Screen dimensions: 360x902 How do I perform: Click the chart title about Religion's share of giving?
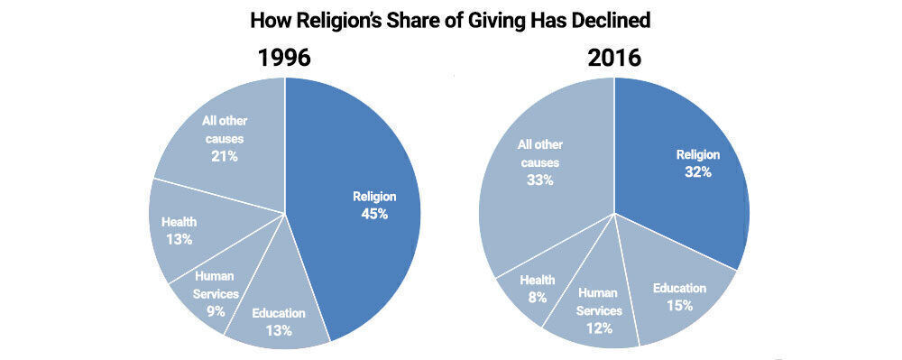(450, 19)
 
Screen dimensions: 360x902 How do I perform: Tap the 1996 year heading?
(284, 58)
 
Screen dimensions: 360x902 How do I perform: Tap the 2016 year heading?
(613, 58)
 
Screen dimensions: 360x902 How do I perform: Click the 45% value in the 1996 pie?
(373, 214)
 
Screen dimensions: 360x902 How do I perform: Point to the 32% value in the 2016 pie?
(698, 171)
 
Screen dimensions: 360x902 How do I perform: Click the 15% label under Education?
(680, 305)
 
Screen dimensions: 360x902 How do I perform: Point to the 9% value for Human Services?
(216, 311)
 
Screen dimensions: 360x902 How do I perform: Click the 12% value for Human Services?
(598, 328)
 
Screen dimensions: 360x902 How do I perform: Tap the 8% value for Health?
(538, 297)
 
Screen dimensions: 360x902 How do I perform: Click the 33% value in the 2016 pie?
(540, 180)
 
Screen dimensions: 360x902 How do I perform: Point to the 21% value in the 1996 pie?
(225, 155)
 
